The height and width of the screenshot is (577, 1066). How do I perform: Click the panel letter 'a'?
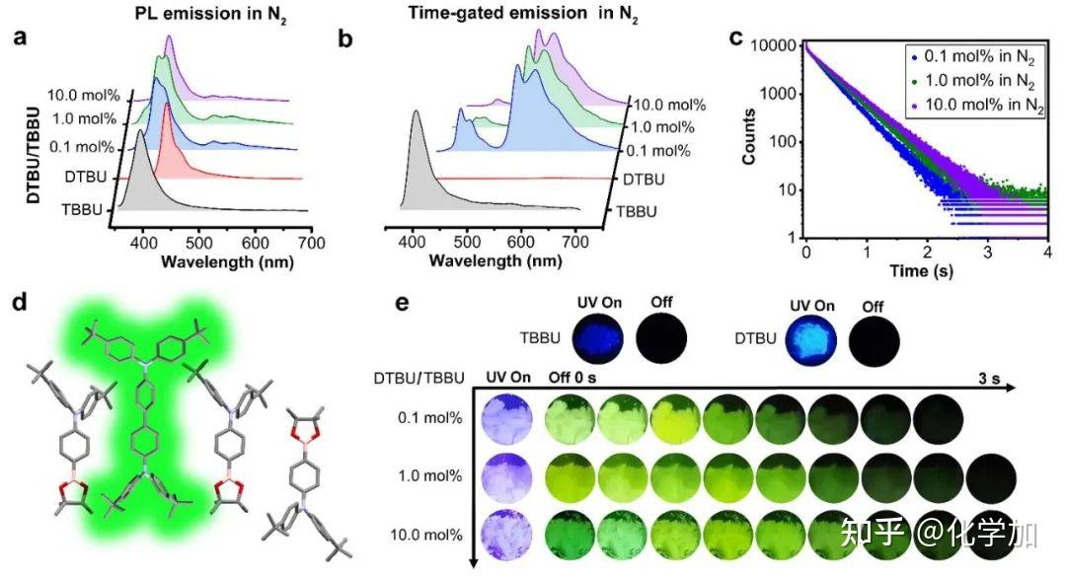pyautogui.click(x=18, y=40)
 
